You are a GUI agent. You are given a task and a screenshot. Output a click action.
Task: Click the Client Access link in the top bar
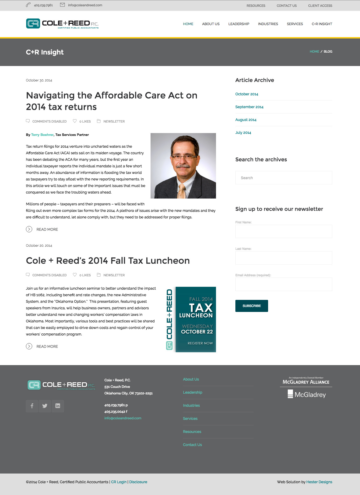(320, 5)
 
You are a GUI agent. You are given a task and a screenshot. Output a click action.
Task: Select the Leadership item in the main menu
(239, 24)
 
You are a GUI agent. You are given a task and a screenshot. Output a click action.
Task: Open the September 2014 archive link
(249, 107)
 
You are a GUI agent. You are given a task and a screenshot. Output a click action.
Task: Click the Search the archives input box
(284, 178)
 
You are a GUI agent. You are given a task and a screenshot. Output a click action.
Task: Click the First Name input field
(284, 231)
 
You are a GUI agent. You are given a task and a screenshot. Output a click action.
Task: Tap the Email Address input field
(284, 284)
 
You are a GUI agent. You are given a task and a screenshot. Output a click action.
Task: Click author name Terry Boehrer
(42, 135)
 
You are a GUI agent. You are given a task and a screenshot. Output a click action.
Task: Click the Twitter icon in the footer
(45, 406)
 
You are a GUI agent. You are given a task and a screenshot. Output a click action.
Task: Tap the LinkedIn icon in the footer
(58, 406)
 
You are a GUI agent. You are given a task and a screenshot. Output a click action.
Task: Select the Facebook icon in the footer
(32, 406)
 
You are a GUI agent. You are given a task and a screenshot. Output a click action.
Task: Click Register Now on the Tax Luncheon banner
(200, 343)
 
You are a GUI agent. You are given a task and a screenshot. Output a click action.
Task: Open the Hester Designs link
(319, 482)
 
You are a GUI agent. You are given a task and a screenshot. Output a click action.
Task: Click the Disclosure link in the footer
(138, 482)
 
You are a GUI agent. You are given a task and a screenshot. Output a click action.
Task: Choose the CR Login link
(119, 482)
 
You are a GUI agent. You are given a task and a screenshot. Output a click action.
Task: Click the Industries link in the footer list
(191, 405)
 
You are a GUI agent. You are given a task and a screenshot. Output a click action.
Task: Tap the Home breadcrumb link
(314, 52)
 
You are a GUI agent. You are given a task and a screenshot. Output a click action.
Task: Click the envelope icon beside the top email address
(62, 5)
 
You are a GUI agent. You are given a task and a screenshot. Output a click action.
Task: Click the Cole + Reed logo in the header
(62, 24)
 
